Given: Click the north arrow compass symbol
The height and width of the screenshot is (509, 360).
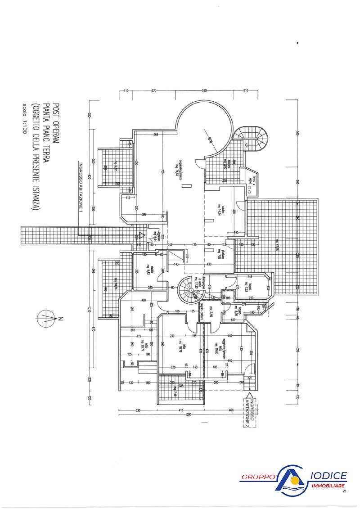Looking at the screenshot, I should (47, 319).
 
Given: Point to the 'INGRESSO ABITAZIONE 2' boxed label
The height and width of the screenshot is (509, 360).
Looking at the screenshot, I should (250, 413).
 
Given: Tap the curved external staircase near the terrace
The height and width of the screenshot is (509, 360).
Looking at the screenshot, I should (255, 137).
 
